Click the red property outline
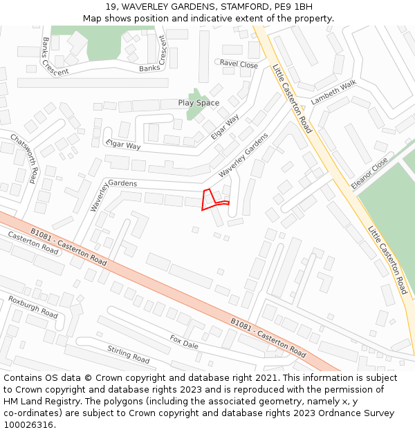pos(210,199)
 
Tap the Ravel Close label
pos(239,64)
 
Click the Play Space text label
pos(199,103)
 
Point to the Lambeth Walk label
pos(333,92)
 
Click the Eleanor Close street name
pos(369,173)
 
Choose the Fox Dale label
pos(184,341)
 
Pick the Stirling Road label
pos(129,354)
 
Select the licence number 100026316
pos(29,425)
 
